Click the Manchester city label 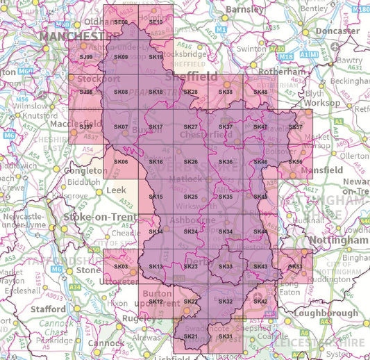(x=71, y=35)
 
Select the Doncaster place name (x=337, y=31)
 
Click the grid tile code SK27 (x=190, y=127)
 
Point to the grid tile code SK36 (x=225, y=162)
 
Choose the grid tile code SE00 (x=121, y=22)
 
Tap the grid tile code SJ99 (x=86, y=57)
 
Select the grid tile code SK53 (x=295, y=266)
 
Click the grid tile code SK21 (x=191, y=336)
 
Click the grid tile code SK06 (x=121, y=162)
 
